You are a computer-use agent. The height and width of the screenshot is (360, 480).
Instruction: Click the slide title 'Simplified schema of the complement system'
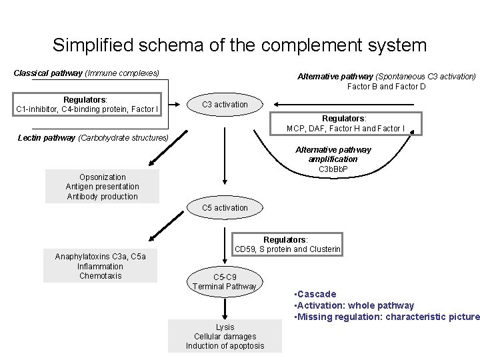pyautogui.click(x=239, y=45)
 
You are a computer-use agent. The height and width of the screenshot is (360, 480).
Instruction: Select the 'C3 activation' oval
pyautogui.click(x=225, y=105)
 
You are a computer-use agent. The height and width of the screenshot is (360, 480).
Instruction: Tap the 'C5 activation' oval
pyautogui.click(x=225, y=208)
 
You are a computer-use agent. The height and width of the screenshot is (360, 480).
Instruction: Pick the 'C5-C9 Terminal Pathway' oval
pyautogui.click(x=225, y=281)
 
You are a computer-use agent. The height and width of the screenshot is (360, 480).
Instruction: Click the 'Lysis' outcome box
pyautogui.click(x=225, y=336)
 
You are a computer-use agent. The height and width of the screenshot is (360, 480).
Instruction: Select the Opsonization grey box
pyautogui.click(x=102, y=187)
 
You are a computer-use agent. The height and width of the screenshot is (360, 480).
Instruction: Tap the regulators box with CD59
pyautogui.click(x=287, y=245)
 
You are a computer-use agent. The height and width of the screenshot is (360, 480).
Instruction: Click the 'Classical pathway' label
pyautogui.click(x=87, y=72)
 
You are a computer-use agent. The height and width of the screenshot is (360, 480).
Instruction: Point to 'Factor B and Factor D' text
pyautogui.click(x=386, y=87)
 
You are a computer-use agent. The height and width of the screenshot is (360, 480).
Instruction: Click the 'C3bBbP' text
pyautogui.click(x=333, y=169)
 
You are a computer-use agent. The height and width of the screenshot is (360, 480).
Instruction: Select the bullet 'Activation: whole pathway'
pyautogui.click(x=353, y=305)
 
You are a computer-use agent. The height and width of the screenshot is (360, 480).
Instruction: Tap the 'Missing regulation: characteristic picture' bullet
pyautogui.click(x=386, y=317)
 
